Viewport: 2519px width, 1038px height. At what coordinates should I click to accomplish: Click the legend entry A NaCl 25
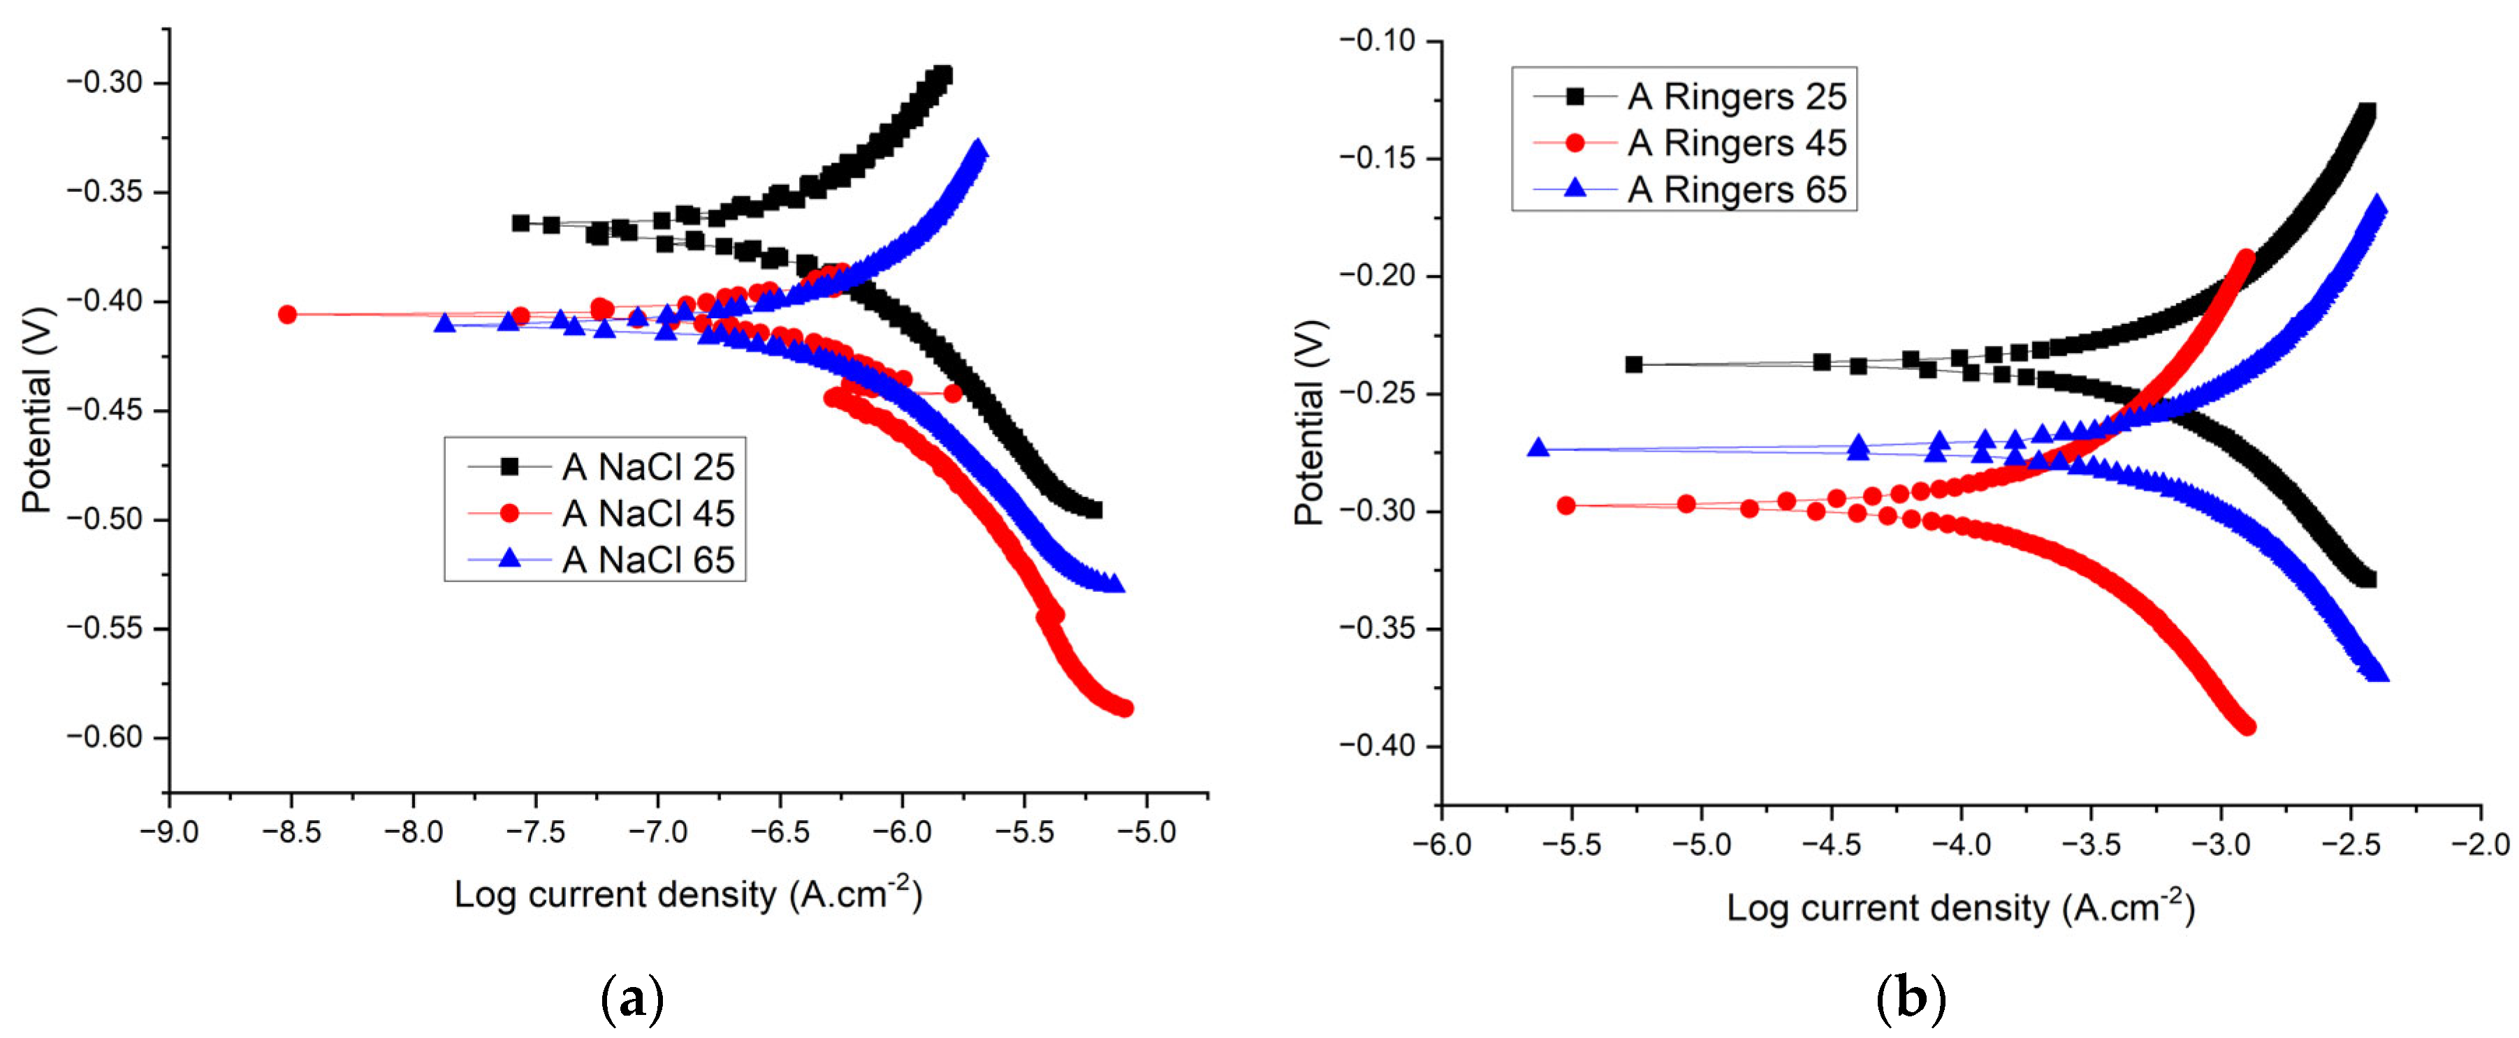601,467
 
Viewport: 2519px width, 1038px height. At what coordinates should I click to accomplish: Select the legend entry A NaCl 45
601,513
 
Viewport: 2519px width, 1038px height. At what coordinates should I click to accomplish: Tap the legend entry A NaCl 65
601,559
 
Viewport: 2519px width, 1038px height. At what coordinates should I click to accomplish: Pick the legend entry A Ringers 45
1690,142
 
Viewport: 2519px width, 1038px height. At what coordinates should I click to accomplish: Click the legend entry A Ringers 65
1690,188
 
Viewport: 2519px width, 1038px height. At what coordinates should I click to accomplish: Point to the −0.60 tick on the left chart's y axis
105,737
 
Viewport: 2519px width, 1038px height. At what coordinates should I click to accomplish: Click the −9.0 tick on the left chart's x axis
168,832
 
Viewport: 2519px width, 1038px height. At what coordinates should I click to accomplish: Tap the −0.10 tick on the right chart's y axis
1378,41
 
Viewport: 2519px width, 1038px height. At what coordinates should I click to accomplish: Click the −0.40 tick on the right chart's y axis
1378,746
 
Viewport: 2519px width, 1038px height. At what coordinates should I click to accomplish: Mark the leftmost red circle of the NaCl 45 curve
286,313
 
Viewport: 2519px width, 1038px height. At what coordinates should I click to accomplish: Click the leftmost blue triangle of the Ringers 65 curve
1538,447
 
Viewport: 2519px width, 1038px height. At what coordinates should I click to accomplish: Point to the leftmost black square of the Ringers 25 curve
1634,364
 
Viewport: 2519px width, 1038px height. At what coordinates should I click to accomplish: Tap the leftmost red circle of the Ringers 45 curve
1565,505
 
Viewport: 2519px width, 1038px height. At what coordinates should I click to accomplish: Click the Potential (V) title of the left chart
36,410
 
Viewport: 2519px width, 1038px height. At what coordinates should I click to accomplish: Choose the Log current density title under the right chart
1961,907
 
